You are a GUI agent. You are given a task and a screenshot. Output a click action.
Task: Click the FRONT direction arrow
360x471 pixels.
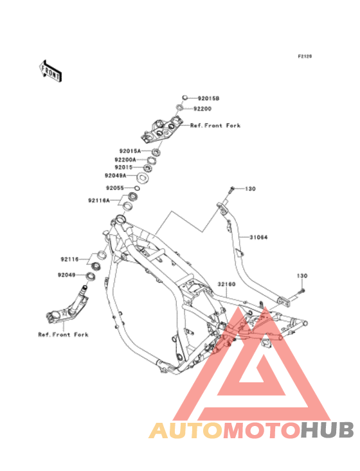[x=50, y=71]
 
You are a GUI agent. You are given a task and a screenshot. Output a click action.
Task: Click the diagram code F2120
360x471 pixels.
[x=305, y=56]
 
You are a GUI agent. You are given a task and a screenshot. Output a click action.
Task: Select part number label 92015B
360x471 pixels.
[x=208, y=98]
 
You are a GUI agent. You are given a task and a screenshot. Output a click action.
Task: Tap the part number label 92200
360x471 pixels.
[x=203, y=109]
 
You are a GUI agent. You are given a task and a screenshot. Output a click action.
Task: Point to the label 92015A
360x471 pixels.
[x=130, y=151]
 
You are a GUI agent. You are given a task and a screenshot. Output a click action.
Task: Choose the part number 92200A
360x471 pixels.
[x=125, y=159]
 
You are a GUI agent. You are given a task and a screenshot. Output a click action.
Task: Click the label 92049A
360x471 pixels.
[x=115, y=175]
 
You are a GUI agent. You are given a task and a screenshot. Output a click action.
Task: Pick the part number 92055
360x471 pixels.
[x=115, y=188]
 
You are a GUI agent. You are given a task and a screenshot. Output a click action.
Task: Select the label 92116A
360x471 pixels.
[x=99, y=200]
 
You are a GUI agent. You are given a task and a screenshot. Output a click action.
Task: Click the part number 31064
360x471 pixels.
[x=258, y=237]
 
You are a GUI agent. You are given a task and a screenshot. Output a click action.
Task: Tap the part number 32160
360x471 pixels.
[x=226, y=284]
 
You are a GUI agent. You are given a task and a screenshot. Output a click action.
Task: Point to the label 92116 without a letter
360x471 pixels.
[x=69, y=259]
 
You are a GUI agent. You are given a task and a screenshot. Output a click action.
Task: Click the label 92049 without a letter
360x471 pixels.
[x=67, y=275]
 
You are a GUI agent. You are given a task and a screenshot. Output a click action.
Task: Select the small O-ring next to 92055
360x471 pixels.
[x=136, y=188]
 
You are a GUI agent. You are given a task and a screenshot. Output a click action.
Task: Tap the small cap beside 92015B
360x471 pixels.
[x=185, y=97]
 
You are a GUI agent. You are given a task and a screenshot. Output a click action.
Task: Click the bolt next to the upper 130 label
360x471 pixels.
[x=231, y=190]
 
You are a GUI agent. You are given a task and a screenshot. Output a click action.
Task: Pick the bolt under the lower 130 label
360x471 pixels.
[x=301, y=291]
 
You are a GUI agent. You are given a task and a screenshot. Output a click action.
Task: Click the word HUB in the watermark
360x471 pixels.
[x=328, y=430]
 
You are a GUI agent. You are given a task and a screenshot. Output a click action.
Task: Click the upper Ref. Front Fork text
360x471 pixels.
[x=215, y=125]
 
